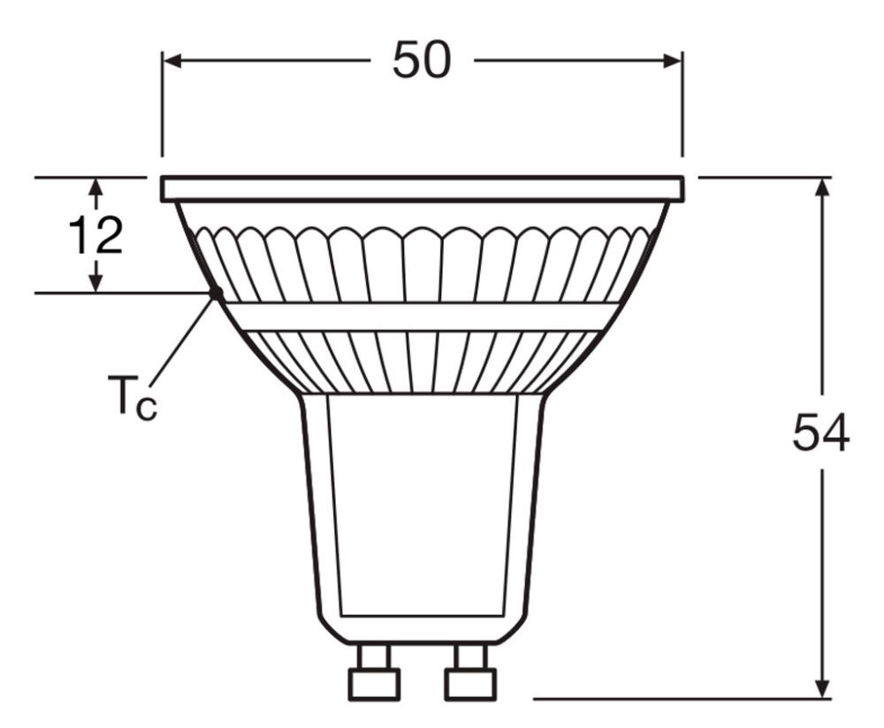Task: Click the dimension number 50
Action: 422,60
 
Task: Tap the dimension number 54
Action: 820,432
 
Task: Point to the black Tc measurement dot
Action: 215,292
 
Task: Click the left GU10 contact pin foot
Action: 375,683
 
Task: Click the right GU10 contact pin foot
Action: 469,683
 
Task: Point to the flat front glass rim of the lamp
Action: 422,187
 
